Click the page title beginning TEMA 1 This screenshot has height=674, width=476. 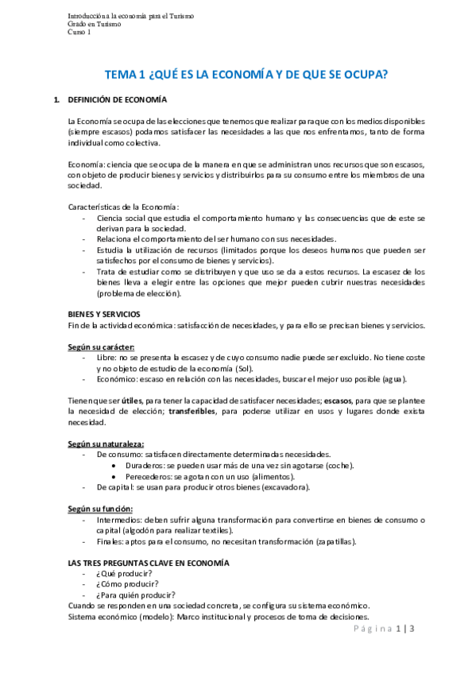point(246,75)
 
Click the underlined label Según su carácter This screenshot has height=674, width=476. point(102,347)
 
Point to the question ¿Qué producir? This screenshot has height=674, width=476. point(125,574)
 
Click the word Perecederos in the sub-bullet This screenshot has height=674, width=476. point(148,476)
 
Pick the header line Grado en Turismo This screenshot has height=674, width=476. point(95,24)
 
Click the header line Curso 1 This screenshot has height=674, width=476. point(79,32)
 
